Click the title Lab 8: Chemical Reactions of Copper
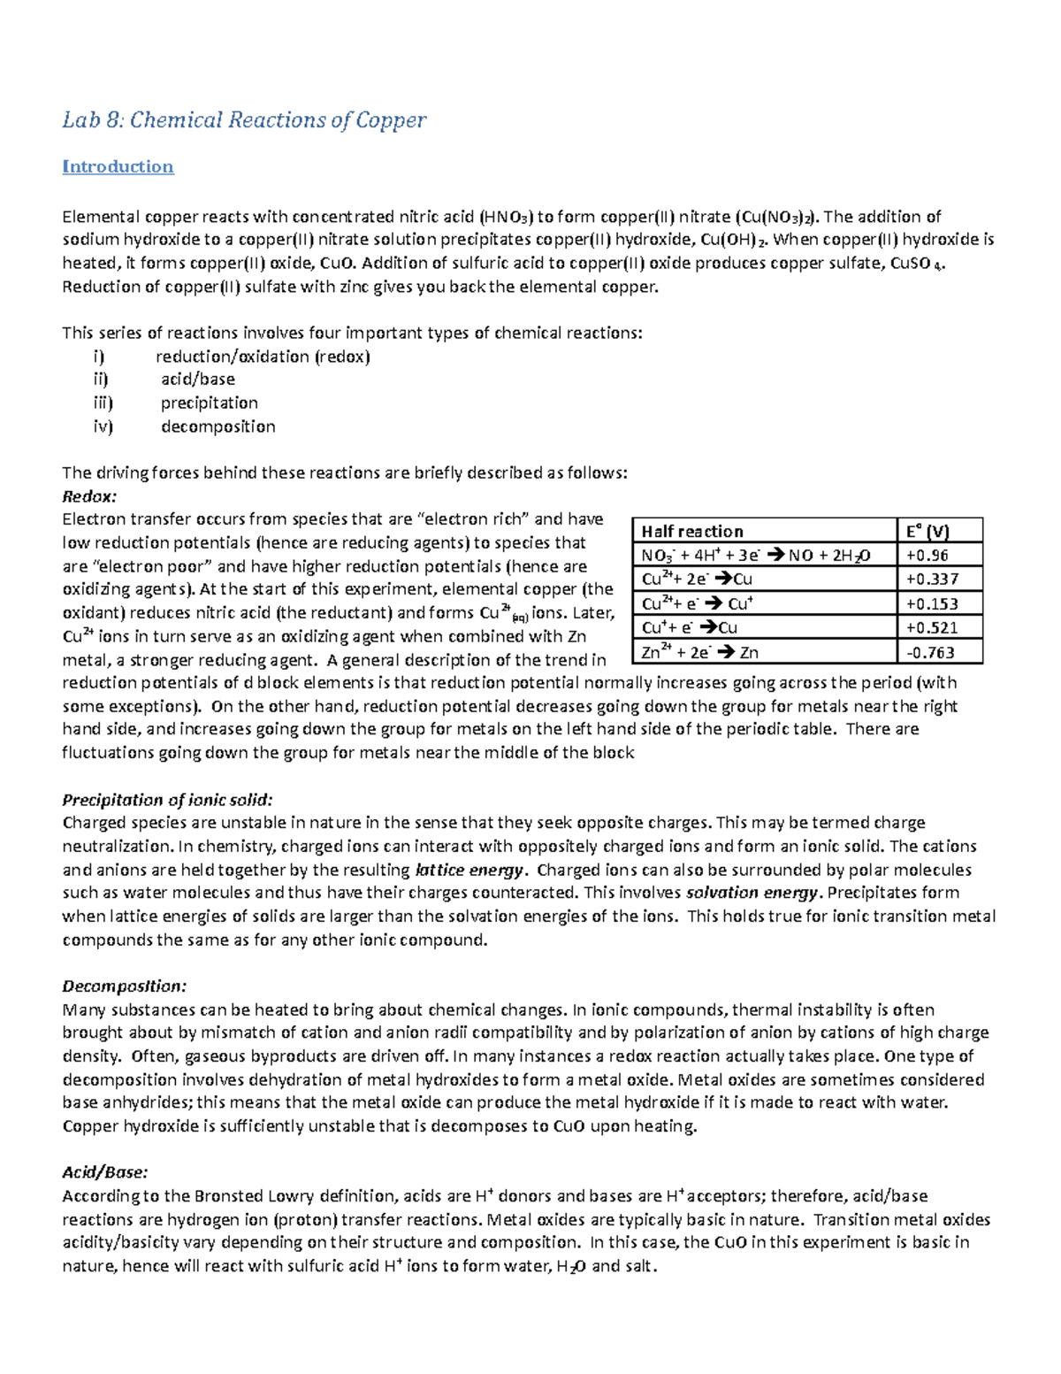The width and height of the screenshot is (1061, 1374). tap(244, 120)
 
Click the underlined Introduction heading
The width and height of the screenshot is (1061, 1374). tap(118, 166)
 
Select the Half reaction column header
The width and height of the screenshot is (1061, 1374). tap(691, 531)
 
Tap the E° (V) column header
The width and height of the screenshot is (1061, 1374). tap(927, 531)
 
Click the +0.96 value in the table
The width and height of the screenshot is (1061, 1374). tap(927, 556)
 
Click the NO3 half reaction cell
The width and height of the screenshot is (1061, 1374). tap(756, 556)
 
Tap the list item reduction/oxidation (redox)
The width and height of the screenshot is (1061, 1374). tap(263, 357)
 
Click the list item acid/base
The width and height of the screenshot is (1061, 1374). tap(198, 380)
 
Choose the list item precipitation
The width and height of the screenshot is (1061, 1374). tap(210, 403)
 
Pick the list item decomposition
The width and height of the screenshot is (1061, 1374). tap(218, 426)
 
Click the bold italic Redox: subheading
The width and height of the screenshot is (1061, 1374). tap(89, 496)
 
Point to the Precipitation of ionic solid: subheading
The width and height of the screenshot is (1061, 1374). tap(167, 800)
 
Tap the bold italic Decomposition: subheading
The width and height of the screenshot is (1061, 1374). tap(125, 986)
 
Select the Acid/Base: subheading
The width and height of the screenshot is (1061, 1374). tap(104, 1172)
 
